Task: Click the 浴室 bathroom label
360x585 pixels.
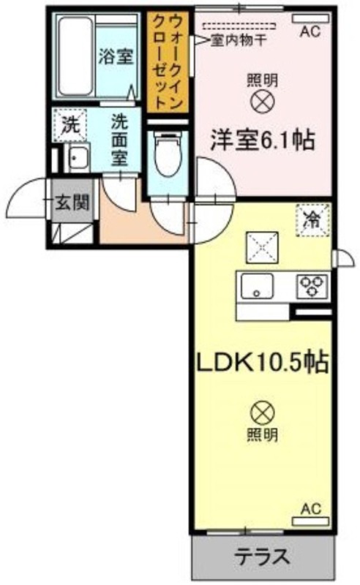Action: click(116, 57)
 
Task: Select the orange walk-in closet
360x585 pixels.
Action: click(168, 62)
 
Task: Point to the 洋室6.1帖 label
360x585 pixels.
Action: click(262, 140)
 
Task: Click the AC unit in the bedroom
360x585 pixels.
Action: click(311, 18)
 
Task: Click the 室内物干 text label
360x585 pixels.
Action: click(239, 40)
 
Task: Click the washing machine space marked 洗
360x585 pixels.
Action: click(70, 125)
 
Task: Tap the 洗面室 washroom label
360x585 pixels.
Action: click(119, 140)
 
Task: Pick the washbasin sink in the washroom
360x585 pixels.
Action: click(77, 158)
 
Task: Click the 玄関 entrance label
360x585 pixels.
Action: click(72, 203)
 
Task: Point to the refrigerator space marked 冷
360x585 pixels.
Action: click(313, 221)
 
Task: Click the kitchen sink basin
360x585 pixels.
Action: click(257, 286)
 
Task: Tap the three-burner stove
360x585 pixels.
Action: click(312, 286)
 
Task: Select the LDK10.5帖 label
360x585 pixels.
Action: click(262, 363)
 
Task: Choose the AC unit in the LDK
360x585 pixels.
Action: click(311, 521)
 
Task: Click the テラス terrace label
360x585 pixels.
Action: click(262, 557)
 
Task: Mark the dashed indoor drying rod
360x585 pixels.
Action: click(240, 26)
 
